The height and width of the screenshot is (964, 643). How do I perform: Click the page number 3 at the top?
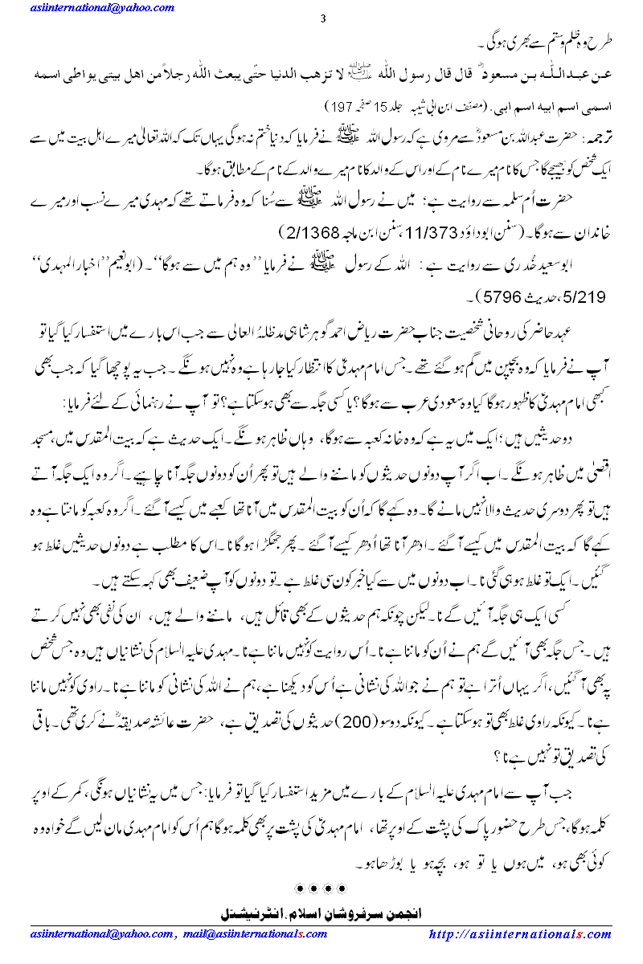click(321, 19)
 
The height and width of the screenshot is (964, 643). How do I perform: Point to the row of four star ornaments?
click(321, 888)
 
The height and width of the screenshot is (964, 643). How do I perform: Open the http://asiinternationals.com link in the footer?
click(520, 934)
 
